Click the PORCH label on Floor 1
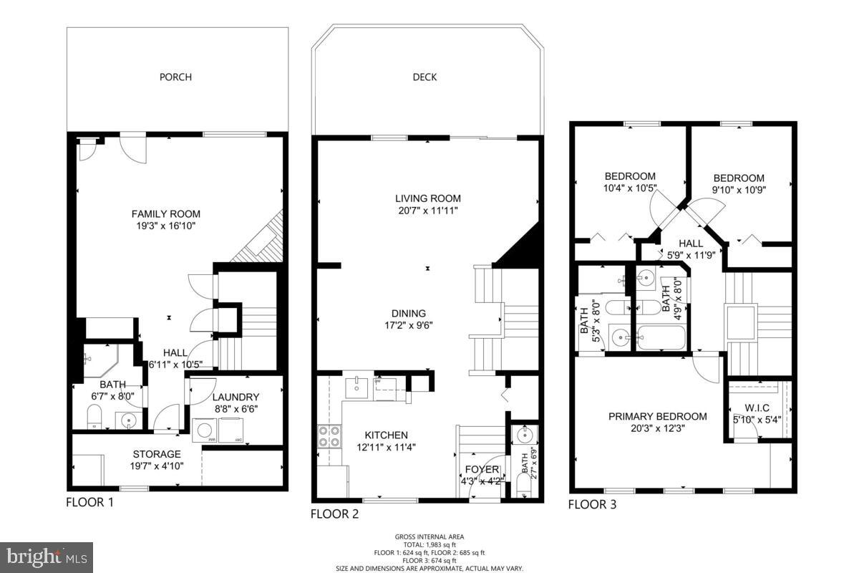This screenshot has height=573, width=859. [x=175, y=77]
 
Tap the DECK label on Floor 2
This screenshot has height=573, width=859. [x=424, y=77]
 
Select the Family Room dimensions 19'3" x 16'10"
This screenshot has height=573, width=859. [x=165, y=226]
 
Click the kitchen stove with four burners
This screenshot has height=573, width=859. [x=329, y=436]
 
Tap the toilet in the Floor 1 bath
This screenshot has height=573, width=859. [x=94, y=416]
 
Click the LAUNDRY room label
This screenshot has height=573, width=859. [x=236, y=397]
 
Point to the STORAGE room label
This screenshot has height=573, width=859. [x=157, y=454]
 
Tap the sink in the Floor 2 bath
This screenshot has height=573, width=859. [x=525, y=434]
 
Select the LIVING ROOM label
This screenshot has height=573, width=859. [x=427, y=198]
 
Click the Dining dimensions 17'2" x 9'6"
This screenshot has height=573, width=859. [x=408, y=324]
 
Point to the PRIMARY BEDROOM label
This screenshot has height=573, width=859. [x=657, y=416]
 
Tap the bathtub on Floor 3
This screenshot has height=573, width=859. [x=661, y=337]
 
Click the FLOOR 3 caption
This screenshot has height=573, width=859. [x=592, y=504]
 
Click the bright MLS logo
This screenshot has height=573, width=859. [x=47, y=555]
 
